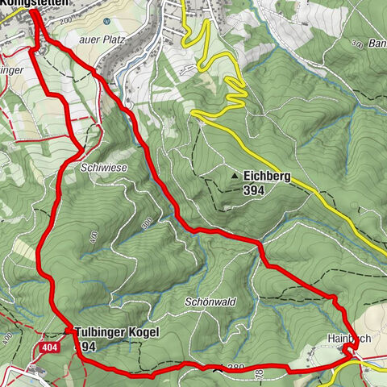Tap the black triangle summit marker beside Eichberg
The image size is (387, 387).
[x=235, y=175]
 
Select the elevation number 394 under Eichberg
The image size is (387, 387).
[x=254, y=190]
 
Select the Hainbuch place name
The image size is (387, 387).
[x=348, y=339]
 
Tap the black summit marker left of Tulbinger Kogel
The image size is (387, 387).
[x=67, y=331]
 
